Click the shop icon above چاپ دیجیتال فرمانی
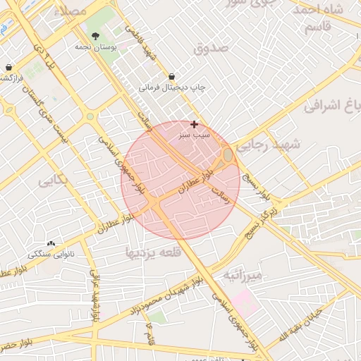coord(172,75)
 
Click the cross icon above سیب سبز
coord(194,124)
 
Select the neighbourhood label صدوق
coord(212,48)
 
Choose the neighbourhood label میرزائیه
coord(243,274)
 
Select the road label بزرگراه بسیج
coord(260,222)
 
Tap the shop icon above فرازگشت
coord(8,67)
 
